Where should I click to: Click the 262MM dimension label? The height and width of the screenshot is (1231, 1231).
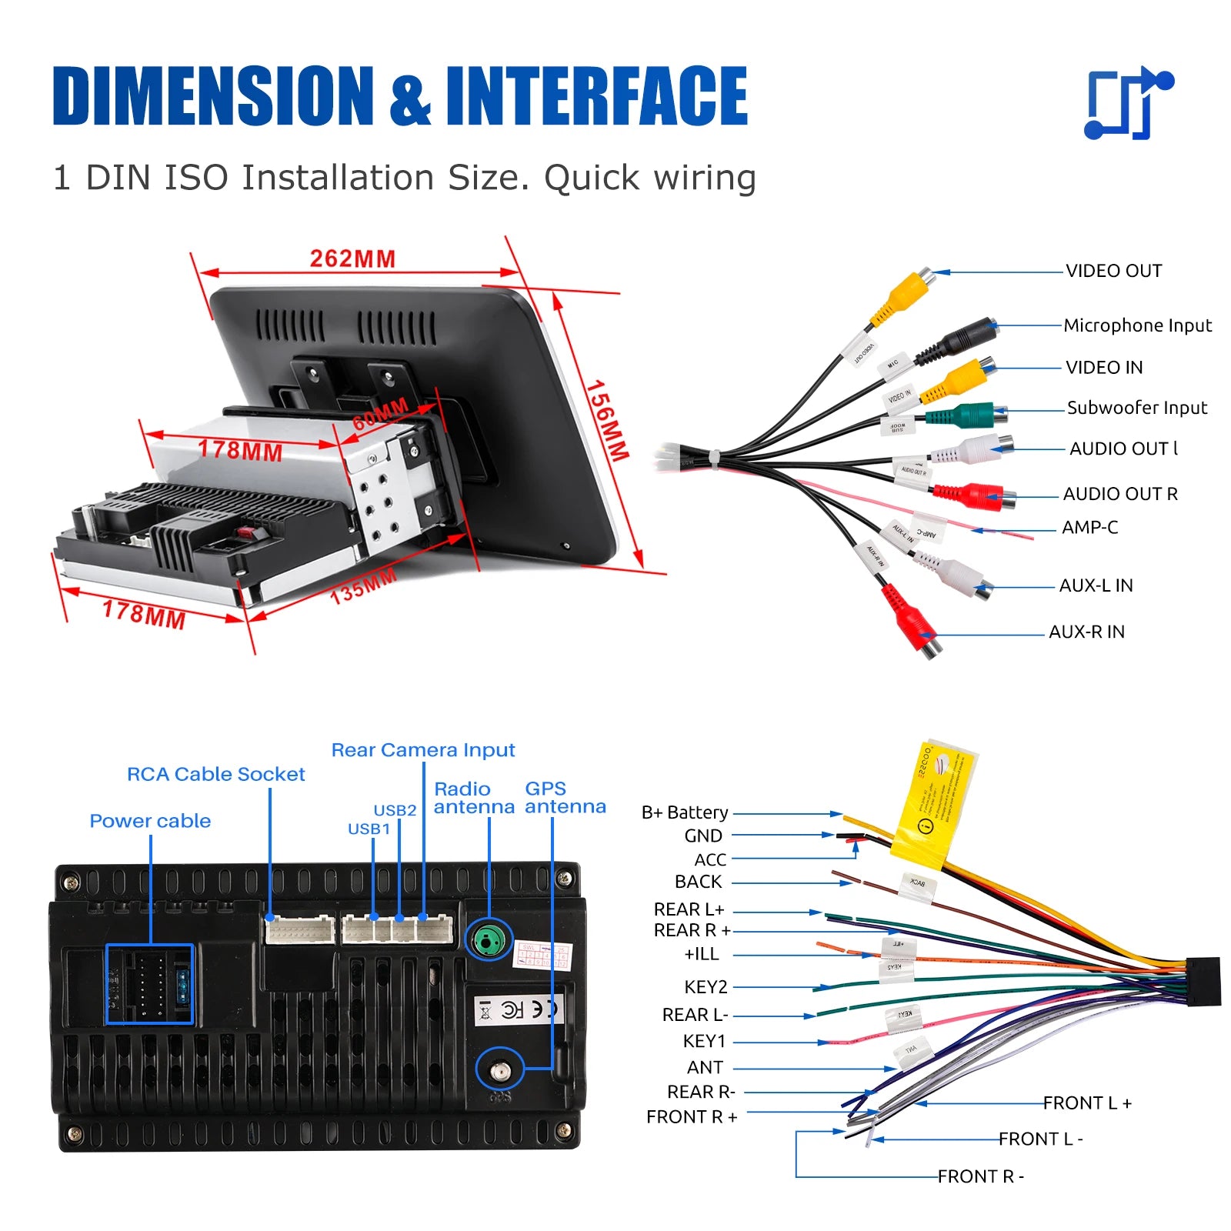[352, 259]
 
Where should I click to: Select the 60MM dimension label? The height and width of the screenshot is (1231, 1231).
[380, 415]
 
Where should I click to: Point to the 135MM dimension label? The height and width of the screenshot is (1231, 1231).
[363, 586]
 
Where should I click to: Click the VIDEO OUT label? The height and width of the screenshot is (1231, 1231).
[1113, 271]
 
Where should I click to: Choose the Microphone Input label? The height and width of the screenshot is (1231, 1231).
[1137, 325]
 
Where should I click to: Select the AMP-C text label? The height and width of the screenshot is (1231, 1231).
[1089, 528]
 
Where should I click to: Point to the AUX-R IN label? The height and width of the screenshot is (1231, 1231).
[1086, 632]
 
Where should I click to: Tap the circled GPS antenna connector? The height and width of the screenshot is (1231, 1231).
[500, 1069]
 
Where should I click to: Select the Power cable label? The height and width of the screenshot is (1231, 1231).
[150, 821]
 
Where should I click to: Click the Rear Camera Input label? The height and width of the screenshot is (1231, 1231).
[422, 750]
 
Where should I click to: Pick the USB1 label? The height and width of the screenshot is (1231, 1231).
[369, 829]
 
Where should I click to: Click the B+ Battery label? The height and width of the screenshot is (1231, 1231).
[685, 812]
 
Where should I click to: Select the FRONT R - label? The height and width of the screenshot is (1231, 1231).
[980, 1176]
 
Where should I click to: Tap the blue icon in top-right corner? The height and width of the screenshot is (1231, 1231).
[1128, 103]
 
